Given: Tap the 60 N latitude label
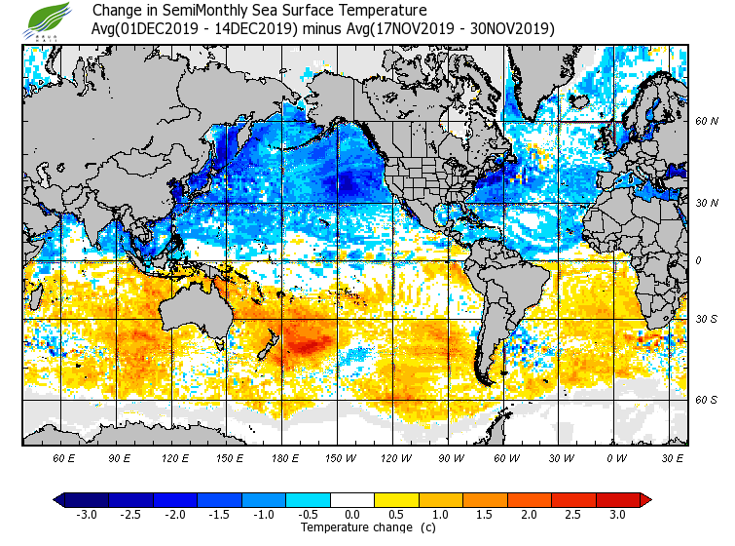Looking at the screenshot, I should (707, 121).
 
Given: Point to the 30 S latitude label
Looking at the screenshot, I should (707, 319).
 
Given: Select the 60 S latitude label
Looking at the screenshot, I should (707, 400).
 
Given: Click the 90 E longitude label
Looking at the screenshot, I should (119, 457).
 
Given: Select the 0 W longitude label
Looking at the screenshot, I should (616, 457).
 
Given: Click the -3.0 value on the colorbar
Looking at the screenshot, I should (88, 514).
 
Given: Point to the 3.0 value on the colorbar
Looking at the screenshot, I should (618, 514).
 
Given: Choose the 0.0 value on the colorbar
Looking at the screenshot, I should (352, 514).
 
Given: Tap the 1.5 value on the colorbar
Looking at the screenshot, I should (485, 514).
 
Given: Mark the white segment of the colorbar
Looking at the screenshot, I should (352, 499).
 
